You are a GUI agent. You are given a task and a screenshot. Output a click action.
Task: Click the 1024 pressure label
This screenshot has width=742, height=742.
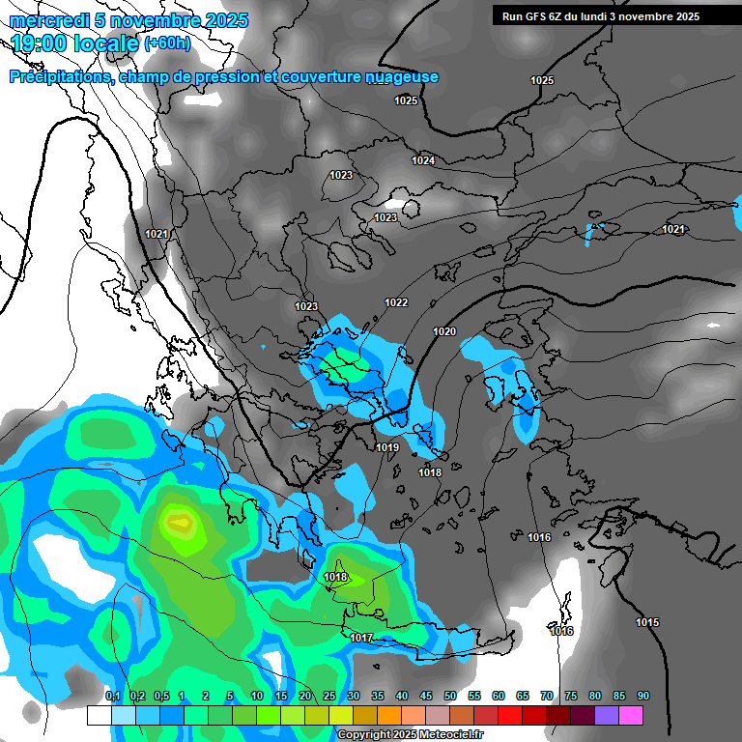click(423, 160)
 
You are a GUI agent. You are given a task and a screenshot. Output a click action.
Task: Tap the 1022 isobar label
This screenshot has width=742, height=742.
click(396, 302)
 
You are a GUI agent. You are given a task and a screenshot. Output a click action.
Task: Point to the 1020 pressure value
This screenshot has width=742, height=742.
click(444, 331)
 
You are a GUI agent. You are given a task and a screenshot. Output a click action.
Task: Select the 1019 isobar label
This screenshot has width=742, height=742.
click(387, 447)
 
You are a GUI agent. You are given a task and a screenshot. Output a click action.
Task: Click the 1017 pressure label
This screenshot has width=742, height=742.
click(361, 638)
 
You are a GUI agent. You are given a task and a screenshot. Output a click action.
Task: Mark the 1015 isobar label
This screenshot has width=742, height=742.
click(647, 622)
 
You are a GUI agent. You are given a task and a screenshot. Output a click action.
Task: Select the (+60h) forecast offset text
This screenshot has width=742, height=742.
click(167, 43)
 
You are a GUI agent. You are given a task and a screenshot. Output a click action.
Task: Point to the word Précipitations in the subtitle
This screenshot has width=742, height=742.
click(60, 77)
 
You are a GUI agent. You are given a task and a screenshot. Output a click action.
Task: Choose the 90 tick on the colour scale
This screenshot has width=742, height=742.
click(643, 696)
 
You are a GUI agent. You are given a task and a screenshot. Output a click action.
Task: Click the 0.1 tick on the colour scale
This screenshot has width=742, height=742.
click(112, 696)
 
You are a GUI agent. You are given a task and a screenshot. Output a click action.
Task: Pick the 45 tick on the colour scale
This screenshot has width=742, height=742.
click(426, 696)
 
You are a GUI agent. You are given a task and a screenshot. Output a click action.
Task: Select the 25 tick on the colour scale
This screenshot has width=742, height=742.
click(329, 696)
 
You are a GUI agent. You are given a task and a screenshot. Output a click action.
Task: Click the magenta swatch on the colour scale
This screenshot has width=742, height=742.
click(631, 715)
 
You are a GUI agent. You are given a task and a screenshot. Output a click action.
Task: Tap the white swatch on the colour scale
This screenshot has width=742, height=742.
click(99, 715)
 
